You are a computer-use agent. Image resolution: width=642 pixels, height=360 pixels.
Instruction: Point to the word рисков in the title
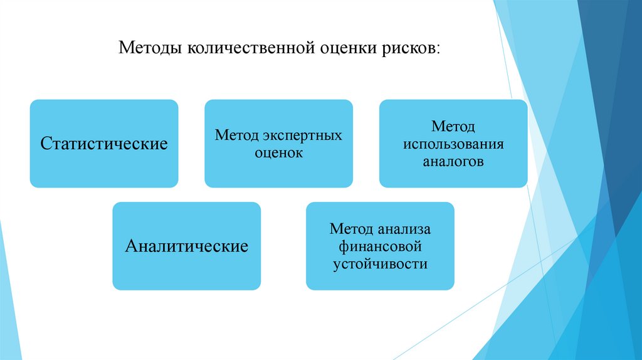point(408,48)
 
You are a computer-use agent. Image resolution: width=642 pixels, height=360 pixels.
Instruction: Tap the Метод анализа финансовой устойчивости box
point(380,276)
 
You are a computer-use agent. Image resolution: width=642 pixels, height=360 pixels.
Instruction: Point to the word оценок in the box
point(278,152)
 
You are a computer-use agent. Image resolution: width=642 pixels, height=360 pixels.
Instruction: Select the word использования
point(453,144)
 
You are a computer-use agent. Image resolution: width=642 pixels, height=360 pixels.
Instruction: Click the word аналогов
point(453,161)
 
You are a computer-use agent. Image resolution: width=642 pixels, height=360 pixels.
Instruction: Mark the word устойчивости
point(380,263)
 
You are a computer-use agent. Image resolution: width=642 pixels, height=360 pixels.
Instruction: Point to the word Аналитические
point(186,246)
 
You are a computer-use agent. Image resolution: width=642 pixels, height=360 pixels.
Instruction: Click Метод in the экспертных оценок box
point(237,135)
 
